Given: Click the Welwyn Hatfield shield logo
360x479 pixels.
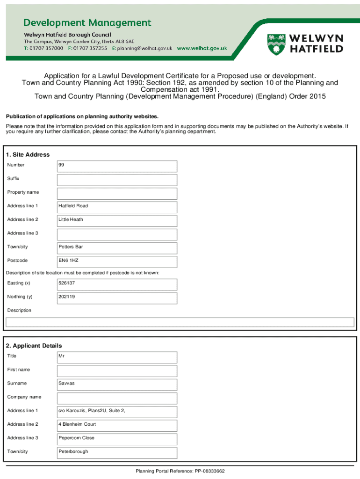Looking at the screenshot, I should tap(275, 44).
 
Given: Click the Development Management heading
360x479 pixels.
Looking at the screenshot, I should tap(87, 22).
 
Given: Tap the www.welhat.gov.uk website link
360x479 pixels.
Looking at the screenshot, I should tap(202, 48).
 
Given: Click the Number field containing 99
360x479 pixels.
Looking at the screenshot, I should tap(117, 166).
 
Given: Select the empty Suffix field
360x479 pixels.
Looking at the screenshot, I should tap(117, 180).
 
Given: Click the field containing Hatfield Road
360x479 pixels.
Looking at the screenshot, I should tap(117, 207).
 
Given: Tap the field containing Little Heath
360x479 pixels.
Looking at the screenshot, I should tap(117, 220).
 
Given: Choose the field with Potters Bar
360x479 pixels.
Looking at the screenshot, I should tap(117, 247).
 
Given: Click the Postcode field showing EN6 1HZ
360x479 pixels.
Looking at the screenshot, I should tap(117, 261).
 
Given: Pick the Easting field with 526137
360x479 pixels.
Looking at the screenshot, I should tap(117, 284).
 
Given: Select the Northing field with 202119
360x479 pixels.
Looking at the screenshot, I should tap(117, 298).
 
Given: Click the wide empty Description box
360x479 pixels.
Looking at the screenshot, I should tap(180, 322).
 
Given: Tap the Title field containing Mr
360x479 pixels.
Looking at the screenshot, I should tap(117, 357).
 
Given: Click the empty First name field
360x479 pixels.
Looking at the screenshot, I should tap(117, 370).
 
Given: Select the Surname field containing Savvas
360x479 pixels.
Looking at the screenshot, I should tap(117, 384).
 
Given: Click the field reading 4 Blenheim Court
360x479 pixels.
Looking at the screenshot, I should tap(117, 425).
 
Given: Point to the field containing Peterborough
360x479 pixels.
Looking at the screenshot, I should tap(117, 452).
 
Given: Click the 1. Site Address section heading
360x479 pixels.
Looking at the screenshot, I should tap(28, 154).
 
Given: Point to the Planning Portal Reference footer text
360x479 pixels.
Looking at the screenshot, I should tap(180, 471).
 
